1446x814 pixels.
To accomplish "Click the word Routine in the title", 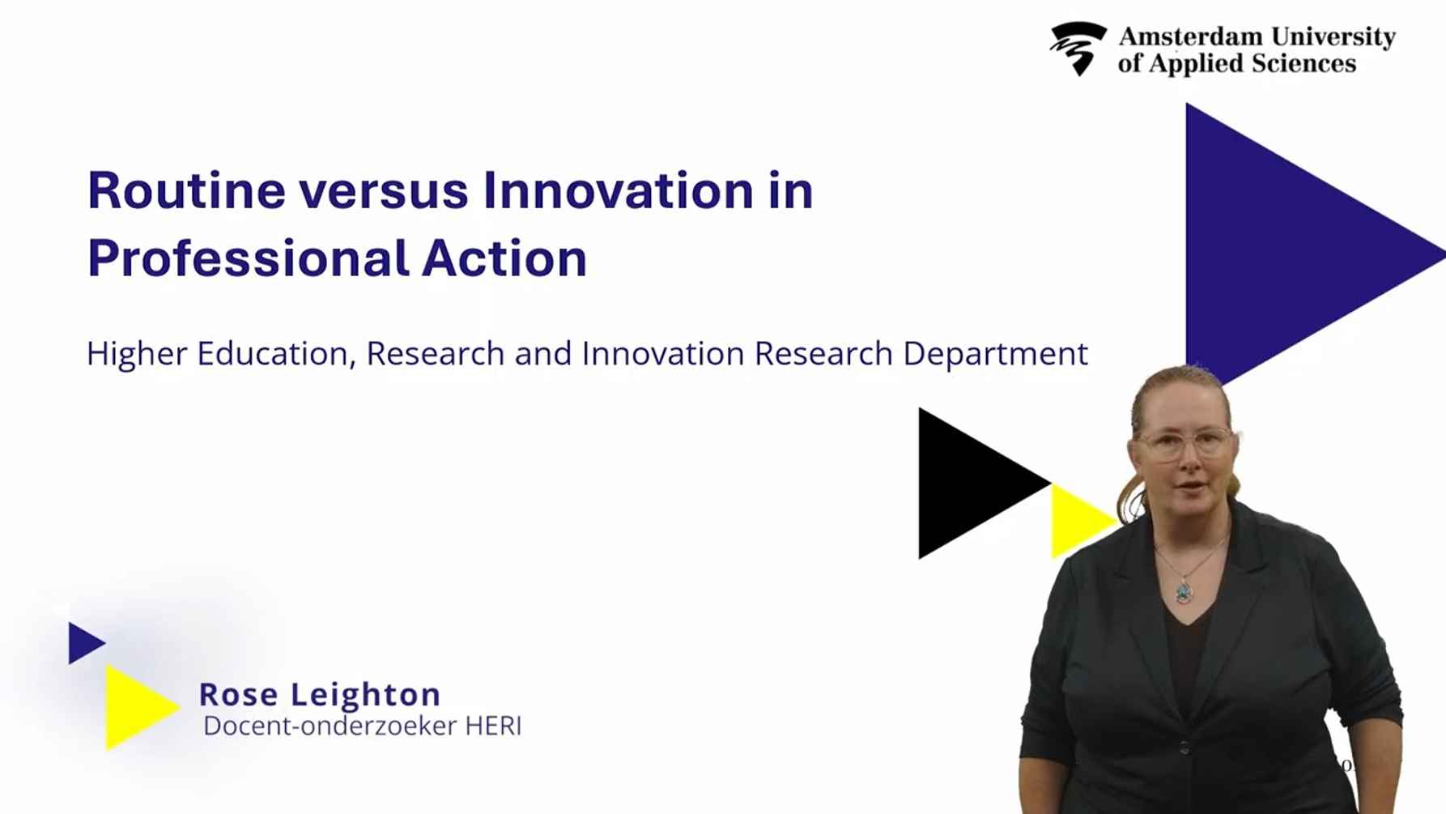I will click(186, 191).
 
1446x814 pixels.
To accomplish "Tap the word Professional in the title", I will click(248, 259).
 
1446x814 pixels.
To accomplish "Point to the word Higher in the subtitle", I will click(137, 354).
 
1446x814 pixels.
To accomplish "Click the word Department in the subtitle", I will click(995, 354).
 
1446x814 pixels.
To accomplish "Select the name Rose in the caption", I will click(239, 694).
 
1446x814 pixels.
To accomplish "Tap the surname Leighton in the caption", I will click(365, 694).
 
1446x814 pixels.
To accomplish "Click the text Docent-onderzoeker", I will click(330, 726).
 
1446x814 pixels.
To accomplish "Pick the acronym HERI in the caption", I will click(493, 726).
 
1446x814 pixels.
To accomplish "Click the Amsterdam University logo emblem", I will click(1078, 49).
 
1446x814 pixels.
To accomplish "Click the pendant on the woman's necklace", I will click(1184, 591).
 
